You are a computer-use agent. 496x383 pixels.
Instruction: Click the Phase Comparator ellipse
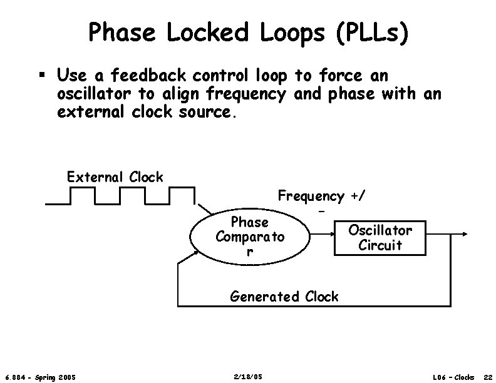250,238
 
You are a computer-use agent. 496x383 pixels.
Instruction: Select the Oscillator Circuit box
380,238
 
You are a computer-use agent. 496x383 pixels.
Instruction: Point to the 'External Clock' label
115,177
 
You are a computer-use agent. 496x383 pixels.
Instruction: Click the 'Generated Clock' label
284,297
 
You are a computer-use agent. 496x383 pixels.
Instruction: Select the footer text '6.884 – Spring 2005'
40,377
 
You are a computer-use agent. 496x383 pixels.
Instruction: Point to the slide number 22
487,377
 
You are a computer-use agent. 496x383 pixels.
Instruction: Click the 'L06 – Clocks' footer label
453,377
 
